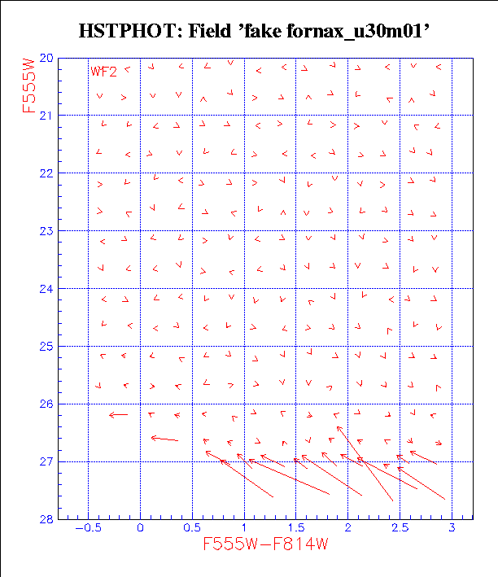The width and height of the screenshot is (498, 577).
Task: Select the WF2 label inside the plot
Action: pyautogui.click(x=103, y=72)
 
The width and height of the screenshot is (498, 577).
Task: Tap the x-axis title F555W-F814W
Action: pyautogui.click(x=270, y=544)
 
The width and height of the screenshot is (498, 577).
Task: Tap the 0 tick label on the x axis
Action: pyautogui.click(x=141, y=529)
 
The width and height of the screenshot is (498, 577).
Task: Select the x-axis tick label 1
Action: pyautogui.click(x=244, y=529)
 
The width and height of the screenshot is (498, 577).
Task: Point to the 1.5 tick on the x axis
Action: pyautogui.click(x=295, y=529)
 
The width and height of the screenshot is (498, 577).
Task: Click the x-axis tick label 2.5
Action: pyautogui.click(x=399, y=529)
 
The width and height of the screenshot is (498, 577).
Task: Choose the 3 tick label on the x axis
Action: pyautogui.click(x=452, y=529)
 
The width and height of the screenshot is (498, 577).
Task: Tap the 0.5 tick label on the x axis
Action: pyautogui.click(x=192, y=529)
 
